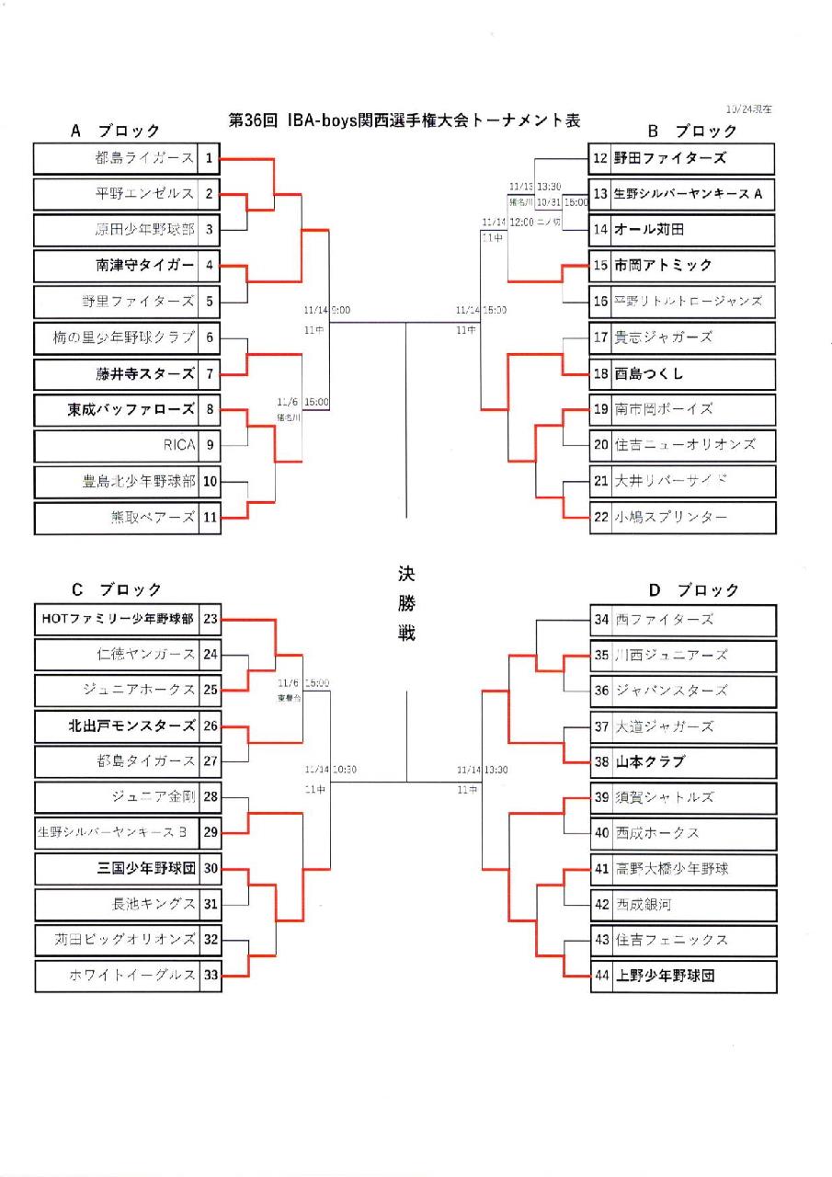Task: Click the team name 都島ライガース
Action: tap(144, 158)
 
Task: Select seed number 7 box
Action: tap(210, 373)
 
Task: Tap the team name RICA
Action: tap(180, 445)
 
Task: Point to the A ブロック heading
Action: tap(115, 131)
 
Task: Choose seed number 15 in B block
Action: tap(600, 265)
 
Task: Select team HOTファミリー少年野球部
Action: tap(118, 619)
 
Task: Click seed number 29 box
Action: tap(211, 833)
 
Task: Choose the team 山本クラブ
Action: tap(651, 761)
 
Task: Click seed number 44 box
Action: tap(601, 976)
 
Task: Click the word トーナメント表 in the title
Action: tap(526, 120)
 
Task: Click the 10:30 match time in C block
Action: tap(345, 770)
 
